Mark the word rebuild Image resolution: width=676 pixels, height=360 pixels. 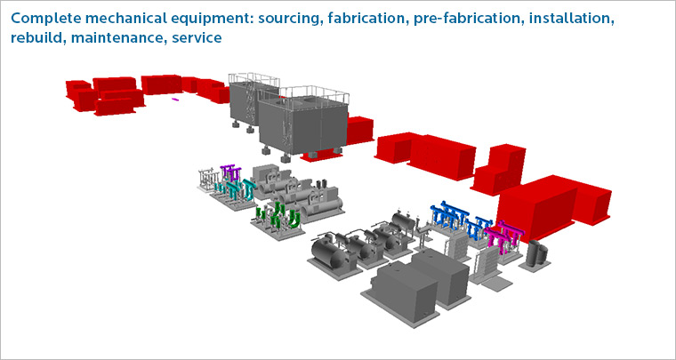(x=38, y=38)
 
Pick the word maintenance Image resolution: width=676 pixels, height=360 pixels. (x=119, y=38)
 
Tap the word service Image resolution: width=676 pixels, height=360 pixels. (x=197, y=38)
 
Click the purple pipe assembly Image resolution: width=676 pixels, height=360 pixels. (x=230, y=172)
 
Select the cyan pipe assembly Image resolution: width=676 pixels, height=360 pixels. (x=236, y=189)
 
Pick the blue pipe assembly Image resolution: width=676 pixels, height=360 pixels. (x=460, y=218)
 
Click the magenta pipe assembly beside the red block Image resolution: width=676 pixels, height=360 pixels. (x=504, y=236)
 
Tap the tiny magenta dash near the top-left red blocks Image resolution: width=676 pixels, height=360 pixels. (x=175, y=100)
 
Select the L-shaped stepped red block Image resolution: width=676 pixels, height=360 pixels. (x=499, y=170)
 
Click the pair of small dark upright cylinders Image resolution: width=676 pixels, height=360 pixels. (x=535, y=252)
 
